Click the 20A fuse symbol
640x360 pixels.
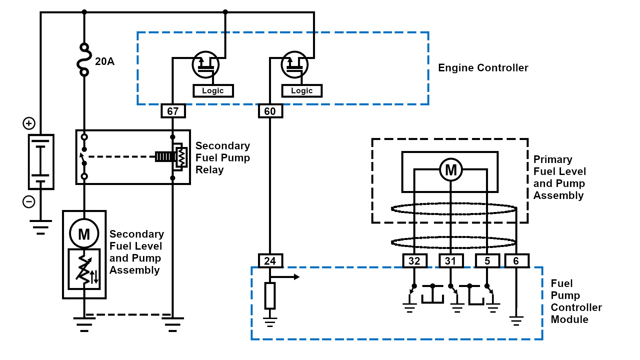pyautogui.click(x=84, y=60)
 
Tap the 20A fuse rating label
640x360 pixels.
pyautogui.click(x=105, y=61)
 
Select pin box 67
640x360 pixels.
pyautogui.click(x=173, y=111)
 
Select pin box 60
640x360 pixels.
pyautogui.click(x=270, y=111)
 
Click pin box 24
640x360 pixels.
pyautogui.click(x=270, y=261)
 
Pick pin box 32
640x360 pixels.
pyautogui.click(x=415, y=261)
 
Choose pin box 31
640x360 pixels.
pyautogui.click(x=451, y=261)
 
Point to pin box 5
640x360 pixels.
pyautogui.click(x=487, y=261)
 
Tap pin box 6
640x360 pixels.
pyautogui.click(x=516, y=261)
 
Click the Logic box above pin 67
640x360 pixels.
pyautogui.click(x=213, y=91)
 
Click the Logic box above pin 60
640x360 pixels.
pyautogui.click(x=302, y=91)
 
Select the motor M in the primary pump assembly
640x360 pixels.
pyautogui.click(x=451, y=170)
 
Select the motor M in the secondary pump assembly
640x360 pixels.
pyautogui.click(x=84, y=234)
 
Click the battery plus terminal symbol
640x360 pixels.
pyautogui.click(x=29, y=123)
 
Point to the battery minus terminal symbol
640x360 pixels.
pyautogui.click(x=29, y=202)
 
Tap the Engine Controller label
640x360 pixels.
pyautogui.click(x=483, y=68)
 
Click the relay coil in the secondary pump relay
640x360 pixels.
pyautogui.click(x=180, y=157)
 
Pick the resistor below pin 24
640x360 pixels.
pyautogui.click(x=270, y=296)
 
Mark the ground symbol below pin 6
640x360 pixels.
pyautogui.click(x=516, y=321)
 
